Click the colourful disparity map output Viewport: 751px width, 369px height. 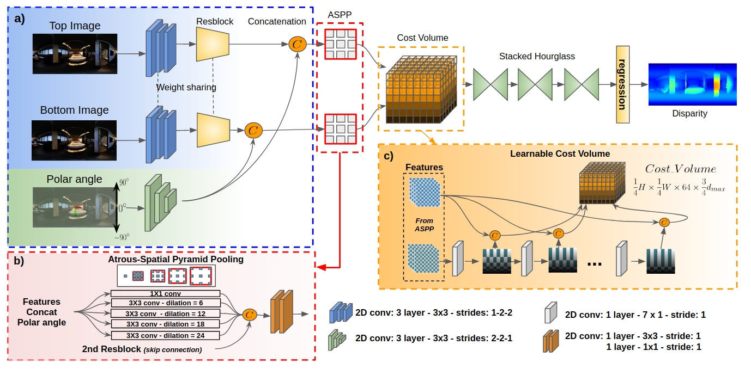point(692,84)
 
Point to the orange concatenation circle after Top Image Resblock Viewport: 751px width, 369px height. point(297,45)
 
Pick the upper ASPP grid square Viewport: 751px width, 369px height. point(340,44)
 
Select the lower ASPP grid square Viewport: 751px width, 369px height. point(340,129)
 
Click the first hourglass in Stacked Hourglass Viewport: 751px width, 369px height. point(490,84)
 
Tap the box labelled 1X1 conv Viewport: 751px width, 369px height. point(165,294)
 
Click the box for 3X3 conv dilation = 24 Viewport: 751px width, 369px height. point(165,335)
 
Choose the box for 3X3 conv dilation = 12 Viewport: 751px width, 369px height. point(165,314)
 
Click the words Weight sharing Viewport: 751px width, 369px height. point(186,87)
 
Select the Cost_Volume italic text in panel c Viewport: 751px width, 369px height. point(680,170)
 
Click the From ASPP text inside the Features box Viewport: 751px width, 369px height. point(424,225)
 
